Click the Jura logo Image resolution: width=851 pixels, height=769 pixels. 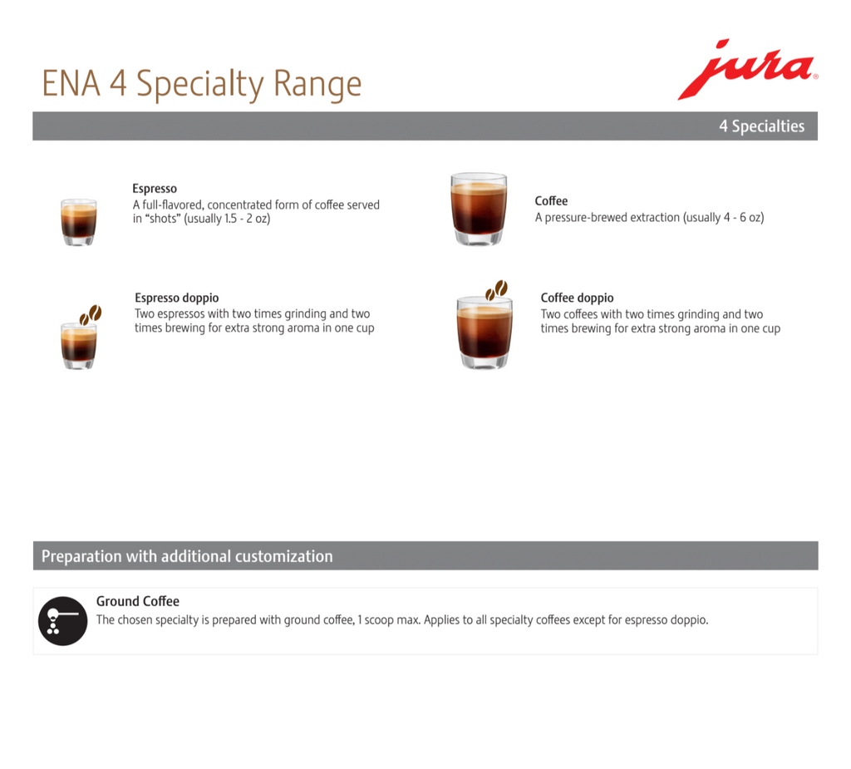[x=747, y=70]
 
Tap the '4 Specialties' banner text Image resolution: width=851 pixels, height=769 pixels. [x=761, y=126]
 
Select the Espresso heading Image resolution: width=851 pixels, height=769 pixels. [x=155, y=189]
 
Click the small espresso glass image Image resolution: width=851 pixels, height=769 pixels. [x=79, y=222]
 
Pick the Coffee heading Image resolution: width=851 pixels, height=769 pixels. [x=551, y=201]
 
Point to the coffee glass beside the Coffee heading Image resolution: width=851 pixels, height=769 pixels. [x=479, y=209]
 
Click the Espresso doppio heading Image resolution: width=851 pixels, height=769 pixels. [x=177, y=298]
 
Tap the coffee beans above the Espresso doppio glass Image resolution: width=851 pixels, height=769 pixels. [x=91, y=314]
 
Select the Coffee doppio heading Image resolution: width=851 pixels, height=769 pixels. [x=577, y=298]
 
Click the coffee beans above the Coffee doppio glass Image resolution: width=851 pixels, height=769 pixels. [x=496, y=290]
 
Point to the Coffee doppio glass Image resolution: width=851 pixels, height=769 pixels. [x=485, y=333]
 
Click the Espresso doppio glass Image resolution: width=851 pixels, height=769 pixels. [x=79, y=346]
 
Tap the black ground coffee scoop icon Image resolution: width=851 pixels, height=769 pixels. [x=62, y=621]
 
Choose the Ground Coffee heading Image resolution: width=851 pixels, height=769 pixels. [x=138, y=601]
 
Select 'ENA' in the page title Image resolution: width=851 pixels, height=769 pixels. [x=71, y=84]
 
